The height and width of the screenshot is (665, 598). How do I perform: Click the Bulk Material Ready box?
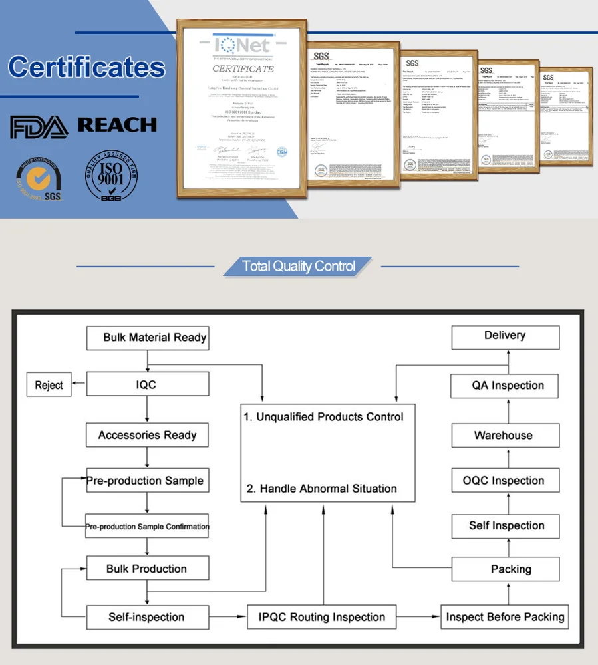pyautogui.click(x=147, y=338)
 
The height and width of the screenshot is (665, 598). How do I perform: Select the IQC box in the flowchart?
pyautogui.click(x=147, y=385)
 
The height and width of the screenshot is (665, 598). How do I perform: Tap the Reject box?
pyautogui.click(x=49, y=385)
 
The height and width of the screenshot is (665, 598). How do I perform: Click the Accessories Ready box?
pyautogui.click(x=147, y=436)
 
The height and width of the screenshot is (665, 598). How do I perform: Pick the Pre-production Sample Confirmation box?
pyautogui.click(x=147, y=526)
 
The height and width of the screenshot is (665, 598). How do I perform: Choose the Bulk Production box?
pyautogui.click(x=147, y=569)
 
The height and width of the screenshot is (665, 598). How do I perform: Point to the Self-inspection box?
pyautogui.click(x=147, y=617)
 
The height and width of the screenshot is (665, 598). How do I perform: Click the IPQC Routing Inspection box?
pyautogui.click(x=322, y=617)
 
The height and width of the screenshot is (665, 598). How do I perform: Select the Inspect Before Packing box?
pyautogui.click(x=505, y=617)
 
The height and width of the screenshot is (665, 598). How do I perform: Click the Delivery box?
pyautogui.click(x=505, y=336)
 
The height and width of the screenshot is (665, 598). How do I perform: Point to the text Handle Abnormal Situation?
pyautogui.click(x=322, y=489)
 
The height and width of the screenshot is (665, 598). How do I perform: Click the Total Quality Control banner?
pyautogui.click(x=299, y=267)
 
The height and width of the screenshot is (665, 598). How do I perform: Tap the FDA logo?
pyautogui.click(x=39, y=126)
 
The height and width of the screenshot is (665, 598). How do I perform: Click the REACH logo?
pyautogui.click(x=117, y=125)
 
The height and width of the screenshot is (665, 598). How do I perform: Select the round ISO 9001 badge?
pyautogui.click(x=111, y=176)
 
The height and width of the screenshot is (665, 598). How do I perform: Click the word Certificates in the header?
pyautogui.click(x=86, y=68)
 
